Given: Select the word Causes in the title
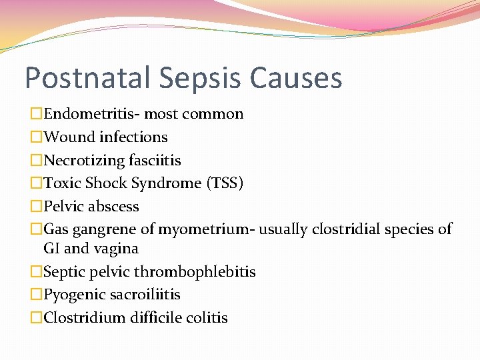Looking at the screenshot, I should [297, 78].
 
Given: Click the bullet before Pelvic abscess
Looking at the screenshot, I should [36, 207].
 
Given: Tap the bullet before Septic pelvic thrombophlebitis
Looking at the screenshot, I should [36, 272].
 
